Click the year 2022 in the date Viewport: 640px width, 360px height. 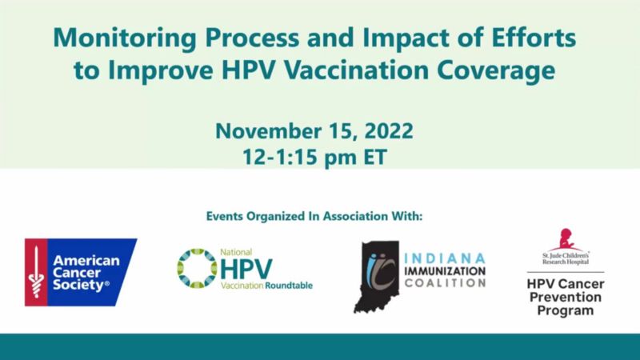[x=389, y=131]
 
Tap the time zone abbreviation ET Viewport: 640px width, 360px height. [x=374, y=157]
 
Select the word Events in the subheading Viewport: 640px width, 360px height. [x=224, y=216]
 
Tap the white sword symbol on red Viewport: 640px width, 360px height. [x=36, y=272]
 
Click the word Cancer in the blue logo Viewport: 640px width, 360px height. [x=77, y=273]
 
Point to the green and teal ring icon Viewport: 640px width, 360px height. [x=197, y=268]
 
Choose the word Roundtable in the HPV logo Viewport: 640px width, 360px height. [x=289, y=286]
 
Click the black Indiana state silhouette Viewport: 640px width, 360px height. [x=376, y=277]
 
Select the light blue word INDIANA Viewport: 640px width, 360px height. [x=445, y=258]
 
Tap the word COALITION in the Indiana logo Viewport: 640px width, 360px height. [x=445, y=282]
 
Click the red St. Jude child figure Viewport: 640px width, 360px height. [x=566, y=239]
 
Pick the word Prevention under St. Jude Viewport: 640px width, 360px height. [x=566, y=297]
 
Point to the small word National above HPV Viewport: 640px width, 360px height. [x=236, y=252]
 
